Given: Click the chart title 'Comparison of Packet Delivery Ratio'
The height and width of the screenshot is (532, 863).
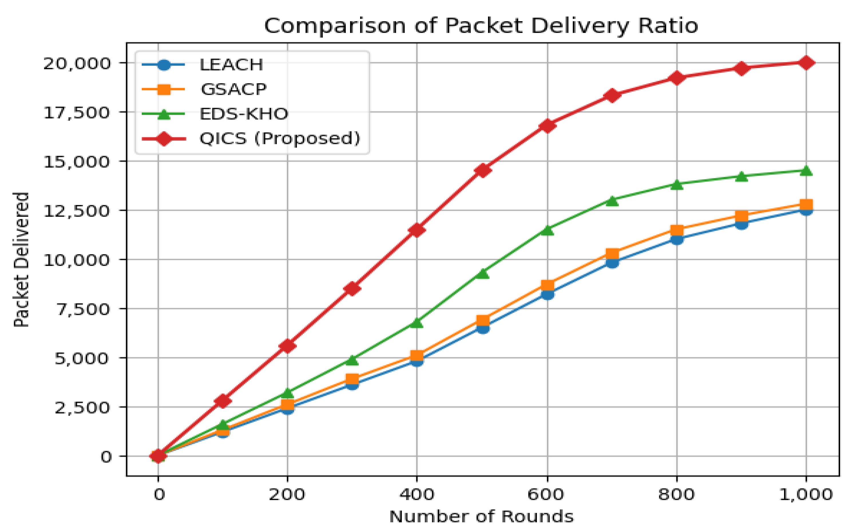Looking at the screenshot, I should tap(481, 26).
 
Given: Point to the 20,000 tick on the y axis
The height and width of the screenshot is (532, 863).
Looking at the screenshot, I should tap(77, 64).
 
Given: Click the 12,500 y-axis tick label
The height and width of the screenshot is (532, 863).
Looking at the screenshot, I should tap(77, 211).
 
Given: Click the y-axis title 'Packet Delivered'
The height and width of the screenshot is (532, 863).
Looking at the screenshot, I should tap(21, 260).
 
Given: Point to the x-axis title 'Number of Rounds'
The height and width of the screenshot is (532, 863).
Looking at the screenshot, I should tap(481, 517).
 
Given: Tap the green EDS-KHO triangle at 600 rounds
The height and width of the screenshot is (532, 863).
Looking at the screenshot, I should tap(547, 230).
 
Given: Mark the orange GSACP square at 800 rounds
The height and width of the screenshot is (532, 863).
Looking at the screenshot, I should tap(676, 230).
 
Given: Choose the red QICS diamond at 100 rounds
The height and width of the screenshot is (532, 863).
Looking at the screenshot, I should tap(223, 401).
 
